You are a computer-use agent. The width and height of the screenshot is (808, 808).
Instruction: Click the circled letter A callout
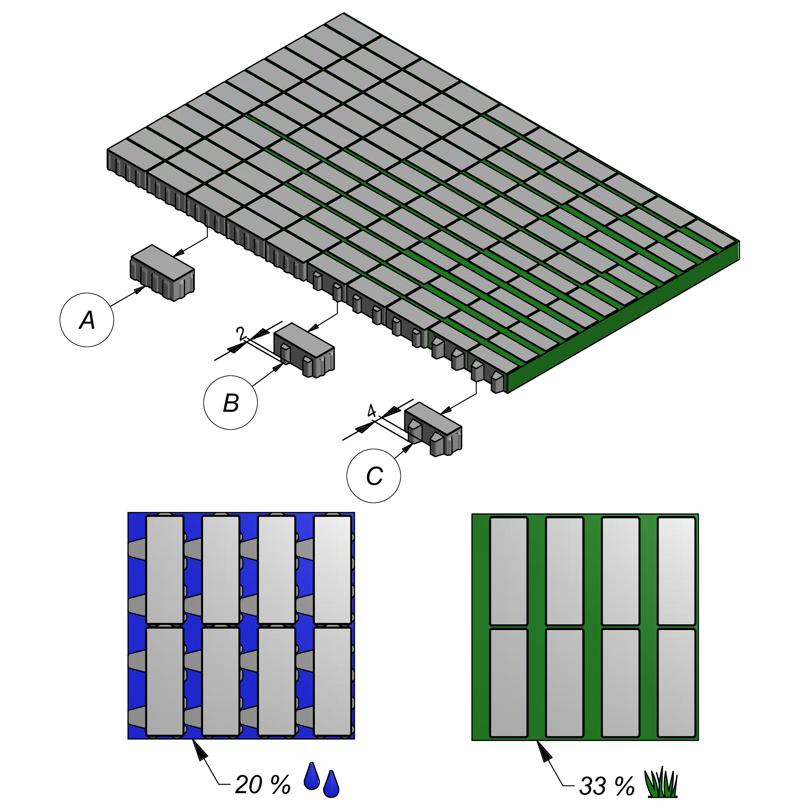tap(87, 320)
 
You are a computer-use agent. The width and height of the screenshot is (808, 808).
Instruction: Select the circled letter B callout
tap(230, 402)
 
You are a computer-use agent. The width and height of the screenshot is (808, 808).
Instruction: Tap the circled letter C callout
tap(374, 476)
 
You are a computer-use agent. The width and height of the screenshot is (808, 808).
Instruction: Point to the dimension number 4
tap(371, 411)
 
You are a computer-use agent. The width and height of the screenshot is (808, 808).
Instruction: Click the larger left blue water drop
tap(311, 775)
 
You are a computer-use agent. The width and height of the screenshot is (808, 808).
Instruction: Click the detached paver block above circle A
tap(163, 273)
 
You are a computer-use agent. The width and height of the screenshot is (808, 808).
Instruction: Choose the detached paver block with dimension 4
tap(433, 429)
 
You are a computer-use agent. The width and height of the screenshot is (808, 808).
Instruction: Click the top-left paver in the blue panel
tap(165, 570)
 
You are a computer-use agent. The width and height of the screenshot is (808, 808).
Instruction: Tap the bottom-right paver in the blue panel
tap(332, 682)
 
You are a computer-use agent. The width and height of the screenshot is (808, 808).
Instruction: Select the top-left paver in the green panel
tap(508, 571)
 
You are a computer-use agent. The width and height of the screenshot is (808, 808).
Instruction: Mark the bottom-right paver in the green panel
tap(676, 683)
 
